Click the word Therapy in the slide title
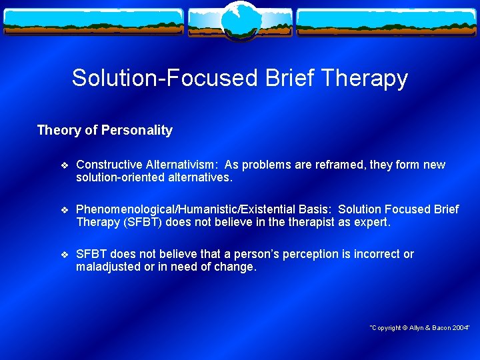point(364,78)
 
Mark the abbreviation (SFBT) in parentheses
point(143,223)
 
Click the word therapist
point(313,223)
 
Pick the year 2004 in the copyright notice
point(459,327)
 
